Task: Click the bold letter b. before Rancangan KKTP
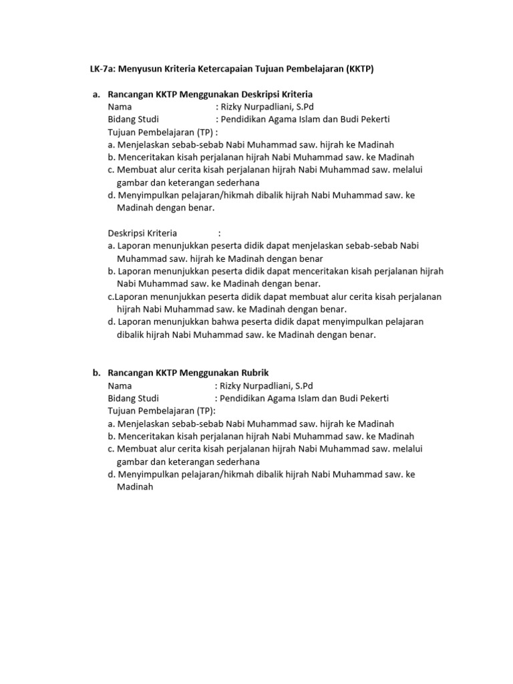97,373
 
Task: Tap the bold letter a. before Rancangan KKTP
97,94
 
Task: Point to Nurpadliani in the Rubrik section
267,385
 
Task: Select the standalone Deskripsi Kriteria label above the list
142,233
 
